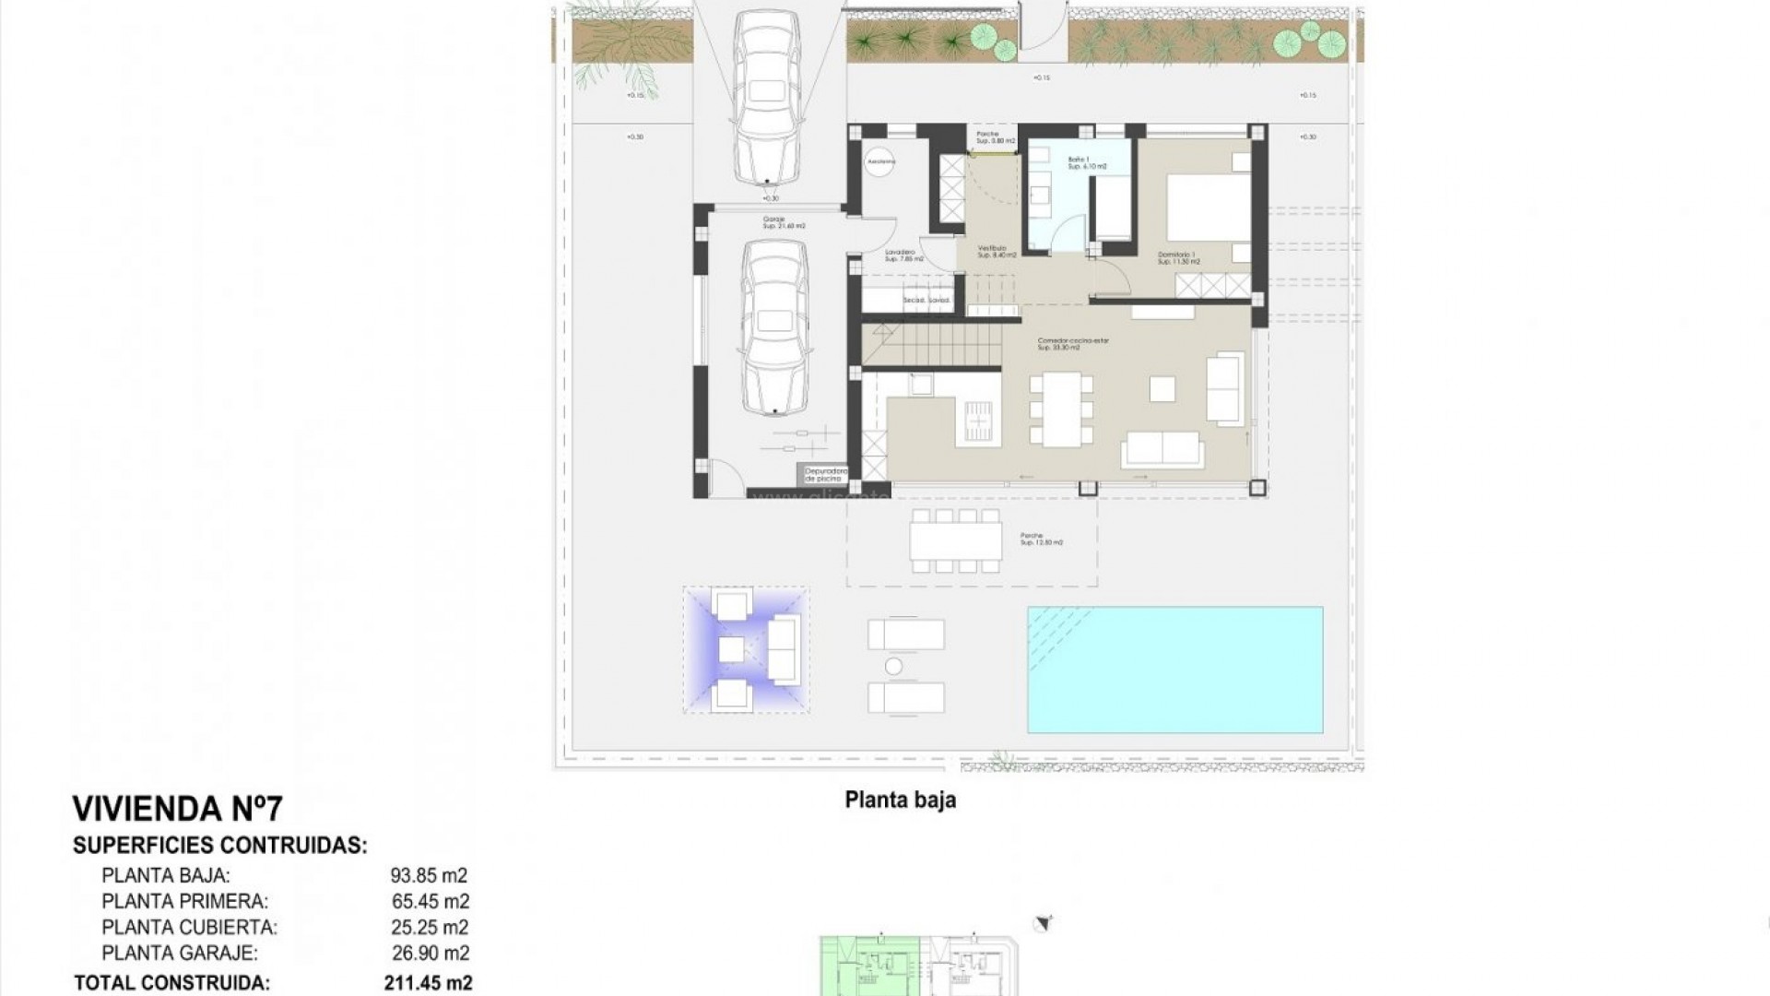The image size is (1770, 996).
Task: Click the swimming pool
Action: tap(1175, 670)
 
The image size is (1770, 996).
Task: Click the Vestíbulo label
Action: tap(997, 251)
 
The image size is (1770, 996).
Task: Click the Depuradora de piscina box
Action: tap(825, 475)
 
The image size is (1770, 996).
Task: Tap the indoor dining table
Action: tap(1061, 409)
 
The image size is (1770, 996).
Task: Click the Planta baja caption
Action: tap(900, 800)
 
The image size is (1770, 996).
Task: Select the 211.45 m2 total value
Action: tap(428, 983)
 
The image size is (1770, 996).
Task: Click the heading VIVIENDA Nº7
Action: tap(177, 809)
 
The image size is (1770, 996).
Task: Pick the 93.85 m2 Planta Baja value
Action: tap(429, 875)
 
